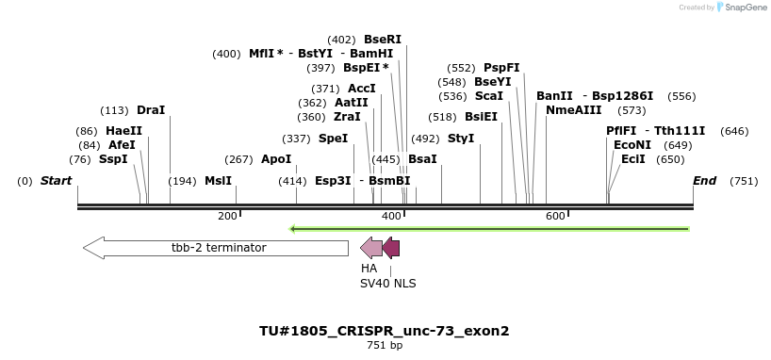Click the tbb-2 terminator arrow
(x=216, y=248)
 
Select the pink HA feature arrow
(x=371, y=248)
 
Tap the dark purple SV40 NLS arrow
(x=391, y=248)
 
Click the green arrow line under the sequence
(x=489, y=228)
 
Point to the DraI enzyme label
(x=151, y=110)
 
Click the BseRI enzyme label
(x=383, y=40)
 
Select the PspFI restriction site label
(x=501, y=68)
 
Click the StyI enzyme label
(x=461, y=139)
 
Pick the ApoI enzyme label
(x=276, y=159)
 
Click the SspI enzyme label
(x=113, y=159)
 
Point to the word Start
(x=56, y=181)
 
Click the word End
(x=704, y=181)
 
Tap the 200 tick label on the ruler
(x=227, y=217)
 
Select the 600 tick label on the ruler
(x=555, y=217)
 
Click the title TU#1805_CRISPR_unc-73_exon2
(x=385, y=331)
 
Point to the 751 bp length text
(x=385, y=346)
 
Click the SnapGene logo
(x=741, y=8)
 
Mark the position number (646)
(x=734, y=131)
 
